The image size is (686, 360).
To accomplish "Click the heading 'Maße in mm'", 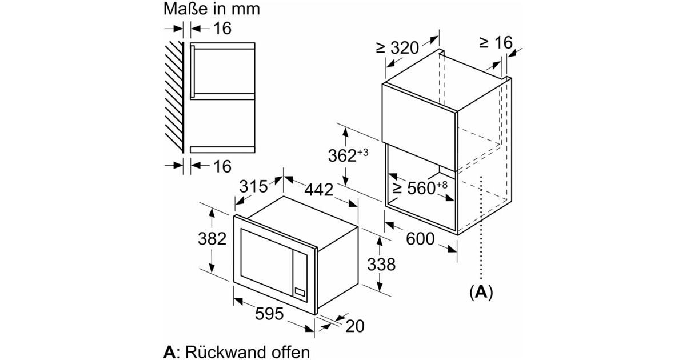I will (212, 9).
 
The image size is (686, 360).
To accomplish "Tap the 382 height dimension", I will (213, 239).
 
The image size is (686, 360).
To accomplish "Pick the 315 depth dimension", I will (253, 186).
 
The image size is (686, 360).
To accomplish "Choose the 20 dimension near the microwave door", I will (355, 326).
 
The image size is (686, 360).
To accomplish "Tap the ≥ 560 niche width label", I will (420, 188).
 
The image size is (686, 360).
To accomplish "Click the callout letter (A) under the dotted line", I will (481, 292).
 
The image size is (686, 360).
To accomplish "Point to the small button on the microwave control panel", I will (300, 292).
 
